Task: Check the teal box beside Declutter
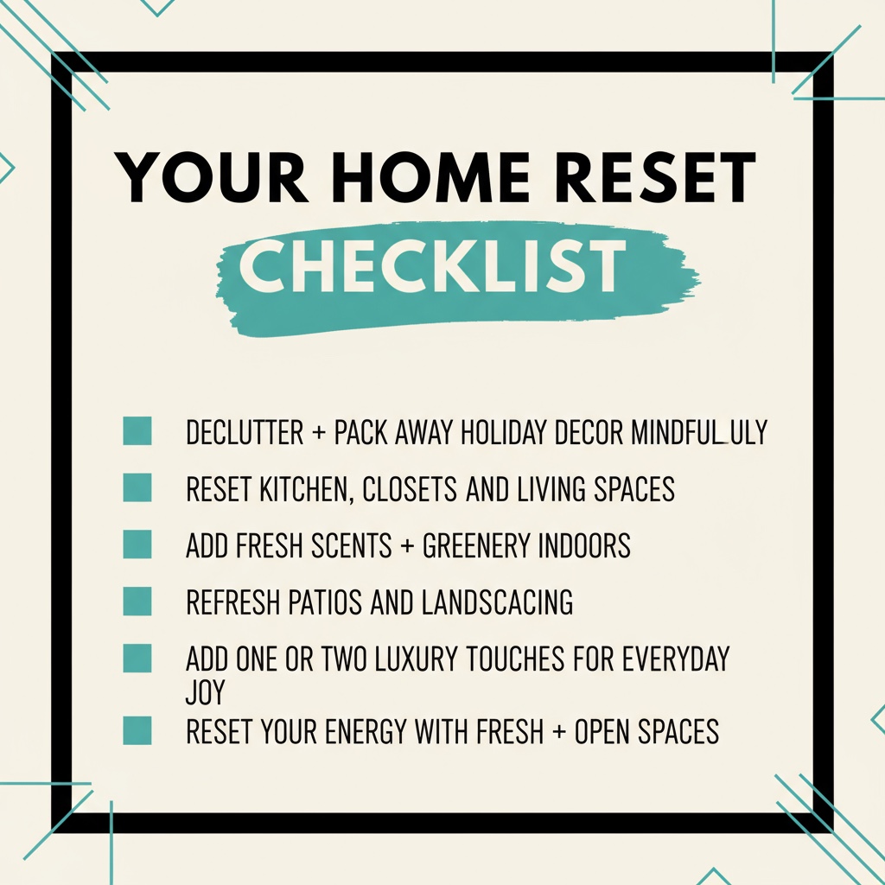(137, 431)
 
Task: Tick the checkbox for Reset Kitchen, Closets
(137, 488)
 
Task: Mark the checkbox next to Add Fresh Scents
(137, 545)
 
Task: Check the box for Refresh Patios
(137, 602)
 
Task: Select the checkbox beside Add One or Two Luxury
(137, 659)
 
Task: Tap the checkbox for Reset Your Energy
(137, 731)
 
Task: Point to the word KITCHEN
(305, 489)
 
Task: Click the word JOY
(205, 692)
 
